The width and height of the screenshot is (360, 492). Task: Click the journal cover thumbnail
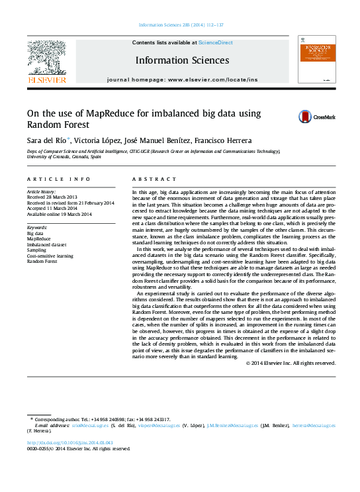pyautogui.click(x=316, y=60)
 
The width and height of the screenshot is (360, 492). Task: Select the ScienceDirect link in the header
pyautogui.click(x=216, y=42)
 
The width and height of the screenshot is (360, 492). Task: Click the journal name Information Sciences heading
pyautogui.click(x=182, y=60)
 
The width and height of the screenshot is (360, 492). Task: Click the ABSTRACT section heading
pyautogui.click(x=154, y=179)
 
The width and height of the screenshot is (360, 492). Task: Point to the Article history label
pyautogui.click(x=42, y=191)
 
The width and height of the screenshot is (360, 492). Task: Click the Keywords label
pyautogui.click(x=36, y=226)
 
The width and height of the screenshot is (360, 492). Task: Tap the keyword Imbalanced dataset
pyautogui.click(x=46, y=244)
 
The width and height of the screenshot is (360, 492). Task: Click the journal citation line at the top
pyautogui.click(x=181, y=26)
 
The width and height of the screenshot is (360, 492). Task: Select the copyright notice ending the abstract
pyautogui.click(x=291, y=363)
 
